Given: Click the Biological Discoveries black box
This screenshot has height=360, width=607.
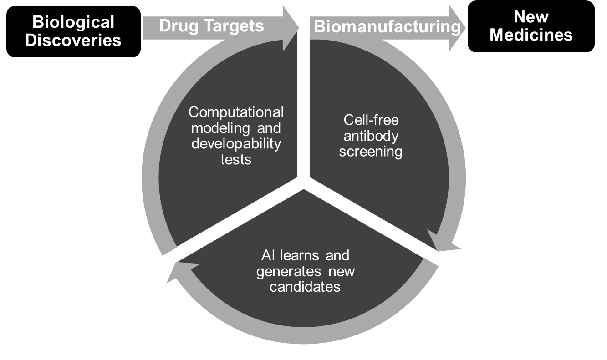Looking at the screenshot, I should (x=73, y=31).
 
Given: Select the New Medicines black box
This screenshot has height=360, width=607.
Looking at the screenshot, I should (x=531, y=27).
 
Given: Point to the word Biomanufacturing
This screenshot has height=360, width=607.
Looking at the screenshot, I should (x=387, y=27).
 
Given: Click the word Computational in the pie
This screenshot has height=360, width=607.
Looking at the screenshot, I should (x=236, y=112).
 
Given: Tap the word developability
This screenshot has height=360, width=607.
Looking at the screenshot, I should (x=236, y=144).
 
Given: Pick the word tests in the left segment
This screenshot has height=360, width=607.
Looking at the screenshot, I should (x=236, y=160).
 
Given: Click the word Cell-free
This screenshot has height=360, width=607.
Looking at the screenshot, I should (x=371, y=120).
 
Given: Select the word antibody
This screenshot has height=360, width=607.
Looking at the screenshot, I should (x=371, y=136).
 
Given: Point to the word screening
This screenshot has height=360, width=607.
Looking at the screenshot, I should (x=371, y=152).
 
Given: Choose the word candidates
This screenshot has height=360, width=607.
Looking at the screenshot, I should (x=305, y=287).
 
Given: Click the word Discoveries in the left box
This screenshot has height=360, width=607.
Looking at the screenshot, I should (x=73, y=40).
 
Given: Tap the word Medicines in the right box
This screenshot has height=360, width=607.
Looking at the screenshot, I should (x=531, y=35).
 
